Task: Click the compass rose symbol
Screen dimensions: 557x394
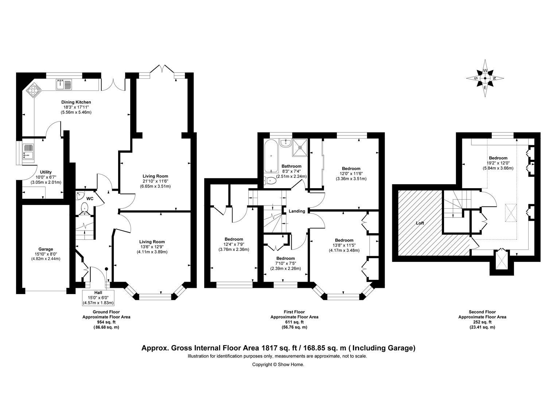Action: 485,78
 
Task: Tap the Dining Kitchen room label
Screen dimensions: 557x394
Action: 76,102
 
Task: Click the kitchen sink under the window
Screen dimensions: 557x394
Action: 64,84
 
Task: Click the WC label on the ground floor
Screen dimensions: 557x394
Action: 90,198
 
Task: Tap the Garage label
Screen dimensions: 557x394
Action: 46,249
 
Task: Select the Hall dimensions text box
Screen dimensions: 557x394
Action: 98,298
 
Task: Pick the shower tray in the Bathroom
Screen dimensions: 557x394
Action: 300,147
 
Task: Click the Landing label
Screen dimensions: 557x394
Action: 297,211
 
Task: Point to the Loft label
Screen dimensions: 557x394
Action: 420,223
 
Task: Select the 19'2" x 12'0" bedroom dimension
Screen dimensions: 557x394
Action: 498,163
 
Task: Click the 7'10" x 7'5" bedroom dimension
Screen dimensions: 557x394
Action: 285,263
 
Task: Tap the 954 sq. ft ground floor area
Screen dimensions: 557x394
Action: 106,322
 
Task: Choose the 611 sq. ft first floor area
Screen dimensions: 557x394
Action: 294,322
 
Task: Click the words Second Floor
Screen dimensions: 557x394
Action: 482,312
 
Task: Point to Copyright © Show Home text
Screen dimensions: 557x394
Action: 278,364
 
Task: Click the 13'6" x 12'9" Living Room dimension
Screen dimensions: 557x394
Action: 152,247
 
